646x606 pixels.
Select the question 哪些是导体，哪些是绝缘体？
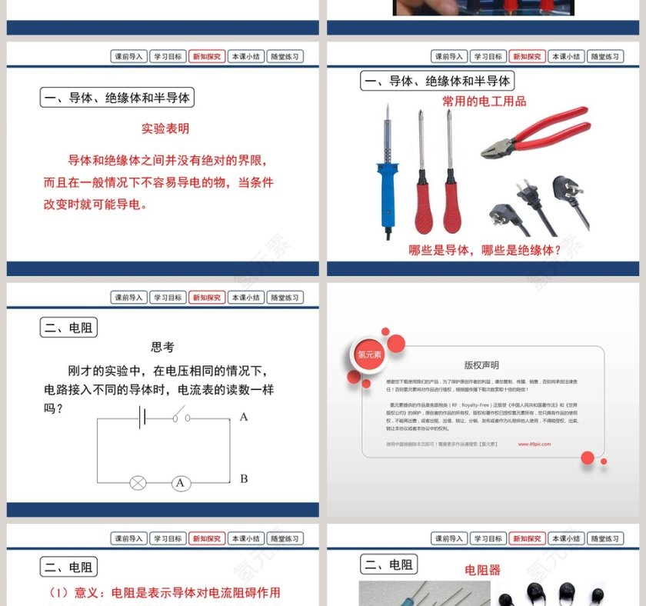click(x=485, y=250)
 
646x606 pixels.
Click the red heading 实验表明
click(x=165, y=128)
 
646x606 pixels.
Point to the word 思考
click(x=162, y=348)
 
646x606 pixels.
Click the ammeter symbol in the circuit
click(x=181, y=483)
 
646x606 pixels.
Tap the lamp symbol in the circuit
click(x=138, y=483)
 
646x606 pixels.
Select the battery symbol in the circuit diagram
click(x=142, y=418)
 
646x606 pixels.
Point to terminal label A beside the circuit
click(x=244, y=417)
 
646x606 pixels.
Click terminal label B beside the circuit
click(x=244, y=479)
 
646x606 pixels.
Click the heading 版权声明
click(x=481, y=365)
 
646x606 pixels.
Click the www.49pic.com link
click(x=534, y=444)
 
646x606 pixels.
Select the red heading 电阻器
click(x=482, y=570)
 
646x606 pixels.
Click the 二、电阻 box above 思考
click(x=69, y=328)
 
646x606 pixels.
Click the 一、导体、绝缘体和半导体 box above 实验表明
click(x=117, y=98)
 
